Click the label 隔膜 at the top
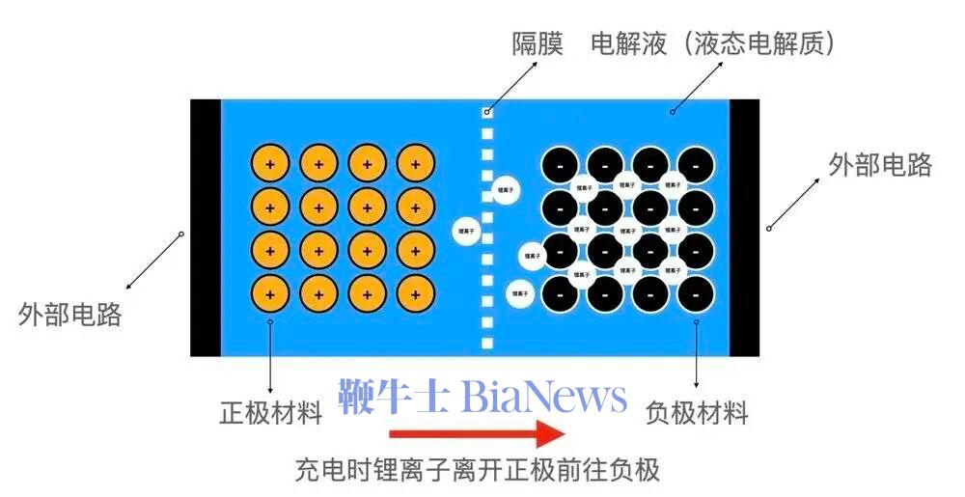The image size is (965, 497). pyautogui.click(x=537, y=43)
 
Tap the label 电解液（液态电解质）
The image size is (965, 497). pyautogui.click(x=713, y=43)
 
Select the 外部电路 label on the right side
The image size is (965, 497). pyautogui.click(x=880, y=165)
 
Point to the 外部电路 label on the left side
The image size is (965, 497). pyautogui.click(x=70, y=314)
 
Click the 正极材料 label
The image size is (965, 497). pyautogui.click(x=270, y=414)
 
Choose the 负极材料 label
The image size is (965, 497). pyautogui.click(x=697, y=414)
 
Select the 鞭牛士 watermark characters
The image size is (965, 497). pyautogui.click(x=393, y=397)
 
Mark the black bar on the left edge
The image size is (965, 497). pyautogui.click(x=206, y=228)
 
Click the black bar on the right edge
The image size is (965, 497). pyautogui.click(x=744, y=228)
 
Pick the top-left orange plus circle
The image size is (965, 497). pyautogui.click(x=269, y=164)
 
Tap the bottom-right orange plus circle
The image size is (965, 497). pyautogui.click(x=415, y=293)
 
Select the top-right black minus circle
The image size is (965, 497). pyautogui.click(x=696, y=165)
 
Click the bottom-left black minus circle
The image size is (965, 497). pyautogui.click(x=560, y=293)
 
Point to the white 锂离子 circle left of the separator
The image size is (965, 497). pyautogui.click(x=468, y=231)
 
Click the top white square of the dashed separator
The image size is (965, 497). pyautogui.click(x=487, y=113)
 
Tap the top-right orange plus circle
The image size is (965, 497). pyautogui.click(x=415, y=164)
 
